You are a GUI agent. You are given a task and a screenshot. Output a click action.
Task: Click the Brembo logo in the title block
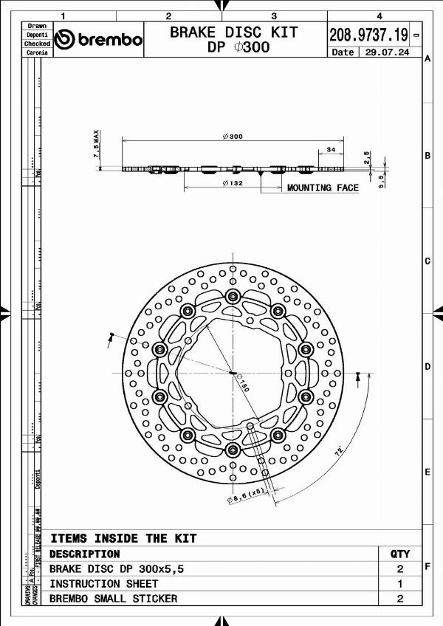[99, 39]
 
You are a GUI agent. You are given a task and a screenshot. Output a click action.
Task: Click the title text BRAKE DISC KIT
[234, 32]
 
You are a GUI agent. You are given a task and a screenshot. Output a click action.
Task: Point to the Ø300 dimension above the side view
[233, 137]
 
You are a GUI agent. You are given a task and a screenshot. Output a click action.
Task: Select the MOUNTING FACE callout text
[323, 188]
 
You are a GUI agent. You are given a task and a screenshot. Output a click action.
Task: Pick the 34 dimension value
[330, 150]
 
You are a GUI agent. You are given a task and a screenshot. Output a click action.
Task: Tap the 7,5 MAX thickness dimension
[96, 145]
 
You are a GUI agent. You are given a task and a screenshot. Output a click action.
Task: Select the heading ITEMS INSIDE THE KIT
[123, 538]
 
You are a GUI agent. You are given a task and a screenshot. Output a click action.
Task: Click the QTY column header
[399, 554]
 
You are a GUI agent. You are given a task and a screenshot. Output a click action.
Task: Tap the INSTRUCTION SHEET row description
[103, 583]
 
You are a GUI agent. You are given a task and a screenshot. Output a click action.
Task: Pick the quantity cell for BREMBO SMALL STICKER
[399, 599]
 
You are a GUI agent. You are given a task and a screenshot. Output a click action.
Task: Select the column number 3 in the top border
[274, 16]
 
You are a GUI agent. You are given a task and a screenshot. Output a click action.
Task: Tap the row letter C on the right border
[427, 261]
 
